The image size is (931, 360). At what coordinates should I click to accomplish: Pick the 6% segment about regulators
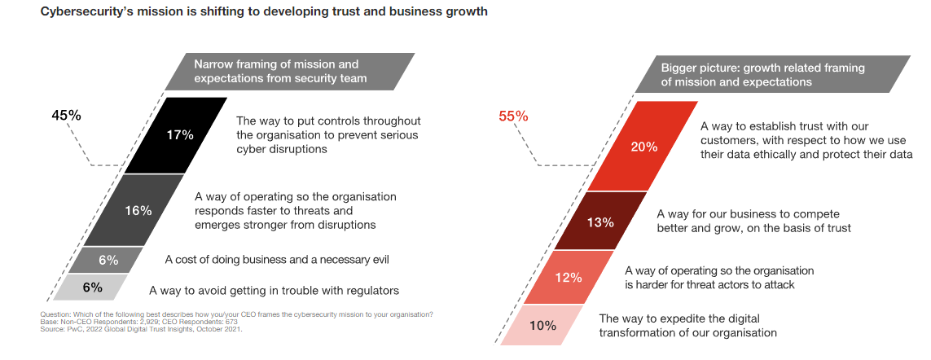pos(91,287)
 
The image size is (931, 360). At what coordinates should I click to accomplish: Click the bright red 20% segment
pos(643,147)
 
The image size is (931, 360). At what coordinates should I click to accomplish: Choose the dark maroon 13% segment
pos(600,221)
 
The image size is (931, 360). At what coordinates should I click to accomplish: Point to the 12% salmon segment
pos(568,277)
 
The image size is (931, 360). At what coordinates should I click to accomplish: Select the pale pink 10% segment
pos(542,325)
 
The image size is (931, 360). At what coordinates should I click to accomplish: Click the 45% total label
pos(66,116)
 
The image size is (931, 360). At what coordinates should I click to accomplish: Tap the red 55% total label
pos(513,116)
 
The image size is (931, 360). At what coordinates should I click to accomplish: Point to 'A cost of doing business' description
pos(277,261)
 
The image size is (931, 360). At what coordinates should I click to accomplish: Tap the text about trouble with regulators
pos(274,290)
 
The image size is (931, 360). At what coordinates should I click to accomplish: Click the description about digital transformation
pos(687,325)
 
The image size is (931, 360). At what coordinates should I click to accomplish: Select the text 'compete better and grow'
pos(753,221)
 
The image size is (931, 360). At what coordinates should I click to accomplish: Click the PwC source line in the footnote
pos(141,329)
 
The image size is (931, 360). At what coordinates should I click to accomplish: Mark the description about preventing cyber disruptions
pos(327,135)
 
